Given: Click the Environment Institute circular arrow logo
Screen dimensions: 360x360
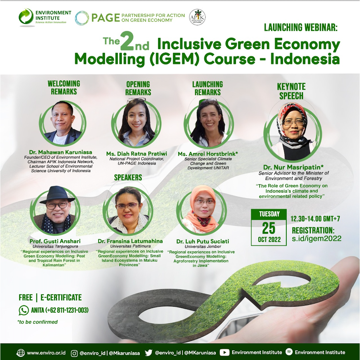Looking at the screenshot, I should point(26,17).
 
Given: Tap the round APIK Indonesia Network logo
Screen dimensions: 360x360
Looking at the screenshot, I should point(197,17).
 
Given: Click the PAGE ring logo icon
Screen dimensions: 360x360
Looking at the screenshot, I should point(82,18).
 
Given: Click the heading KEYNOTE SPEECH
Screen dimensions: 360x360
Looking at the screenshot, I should point(291,91).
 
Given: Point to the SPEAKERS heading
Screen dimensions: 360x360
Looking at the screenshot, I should point(128,177).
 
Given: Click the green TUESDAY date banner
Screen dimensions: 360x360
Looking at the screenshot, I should point(269,214).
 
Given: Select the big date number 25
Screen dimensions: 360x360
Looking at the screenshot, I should point(269,228).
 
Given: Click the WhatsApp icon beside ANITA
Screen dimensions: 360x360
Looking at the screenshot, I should point(24,310).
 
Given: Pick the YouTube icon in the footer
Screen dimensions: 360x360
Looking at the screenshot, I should point(225,352).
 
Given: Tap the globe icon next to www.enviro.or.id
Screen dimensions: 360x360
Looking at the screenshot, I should point(21,353).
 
